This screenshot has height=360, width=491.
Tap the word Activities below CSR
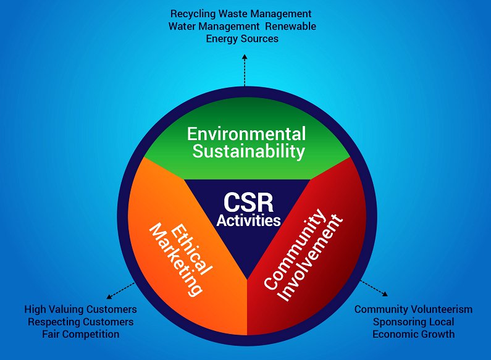[x=248, y=220]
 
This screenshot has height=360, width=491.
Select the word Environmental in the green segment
[x=246, y=134]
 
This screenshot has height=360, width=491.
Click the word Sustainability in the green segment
[x=249, y=151]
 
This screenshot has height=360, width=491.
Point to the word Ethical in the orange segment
[x=191, y=250]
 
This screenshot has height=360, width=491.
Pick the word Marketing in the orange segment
[x=175, y=259]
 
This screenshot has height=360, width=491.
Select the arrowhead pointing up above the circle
[x=245, y=57]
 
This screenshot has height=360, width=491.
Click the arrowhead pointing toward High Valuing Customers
[x=109, y=296]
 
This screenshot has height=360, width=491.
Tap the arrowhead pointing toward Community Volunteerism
[x=385, y=294]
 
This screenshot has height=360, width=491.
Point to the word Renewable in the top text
[x=291, y=27]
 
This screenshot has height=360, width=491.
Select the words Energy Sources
[x=242, y=39]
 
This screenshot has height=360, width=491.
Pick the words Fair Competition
[x=81, y=334]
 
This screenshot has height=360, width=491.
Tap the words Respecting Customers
[x=81, y=322]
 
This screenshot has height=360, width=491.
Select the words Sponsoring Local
[x=413, y=322]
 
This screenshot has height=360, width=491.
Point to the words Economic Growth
[x=413, y=334]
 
